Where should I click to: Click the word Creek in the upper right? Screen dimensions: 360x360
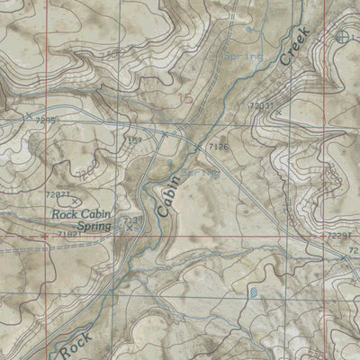[x=294, y=46]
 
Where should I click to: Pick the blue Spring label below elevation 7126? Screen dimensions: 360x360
[x=199, y=170]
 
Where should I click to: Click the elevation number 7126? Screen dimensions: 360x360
[x=219, y=143]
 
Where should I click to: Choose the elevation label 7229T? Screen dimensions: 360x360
[x=339, y=236]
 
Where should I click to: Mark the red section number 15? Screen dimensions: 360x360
[x=185, y=99]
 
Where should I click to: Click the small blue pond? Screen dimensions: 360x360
[x=253, y=292]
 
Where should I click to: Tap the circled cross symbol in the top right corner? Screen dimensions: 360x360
[x=343, y=37]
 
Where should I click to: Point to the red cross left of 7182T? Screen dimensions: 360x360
[x=45, y=236]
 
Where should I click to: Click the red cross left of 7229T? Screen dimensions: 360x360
[x=322, y=236]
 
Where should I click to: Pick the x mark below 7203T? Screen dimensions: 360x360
[x=278, y=112]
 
